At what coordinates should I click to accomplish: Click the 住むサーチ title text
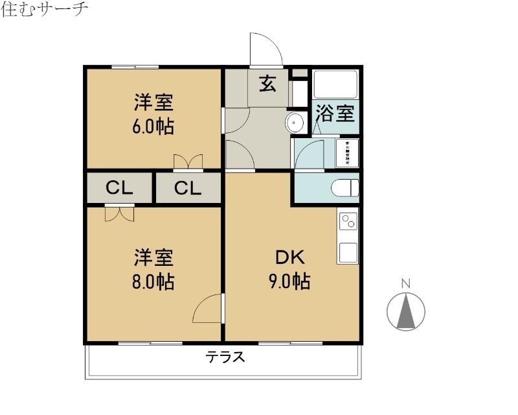[x=45, y=11]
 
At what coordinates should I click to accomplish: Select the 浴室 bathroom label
[x=335, y=114]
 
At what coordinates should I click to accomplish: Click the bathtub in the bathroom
[x=335, y=84]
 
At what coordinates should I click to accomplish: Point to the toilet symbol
[x=345, y=188]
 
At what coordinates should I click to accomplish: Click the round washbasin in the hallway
[x=295, y=122]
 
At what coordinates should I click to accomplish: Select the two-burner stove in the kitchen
[x=348, y=222]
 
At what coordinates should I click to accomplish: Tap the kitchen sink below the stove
[x=348, y=252]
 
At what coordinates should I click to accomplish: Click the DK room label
[x=290, y=257]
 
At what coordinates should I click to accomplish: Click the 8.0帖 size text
[x=153, y=282]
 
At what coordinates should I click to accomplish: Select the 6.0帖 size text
[x=153, y=126]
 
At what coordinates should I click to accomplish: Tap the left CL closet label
[x=119, y=189]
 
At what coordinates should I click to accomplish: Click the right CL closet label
[x=188, y=189]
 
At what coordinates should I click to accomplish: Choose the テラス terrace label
[x=225, y=357]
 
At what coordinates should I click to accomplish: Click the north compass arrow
[x=406, y=311]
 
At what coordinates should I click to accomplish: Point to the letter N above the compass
[x=406, y=283]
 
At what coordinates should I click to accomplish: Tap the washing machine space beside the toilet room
[x=347, y=154]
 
